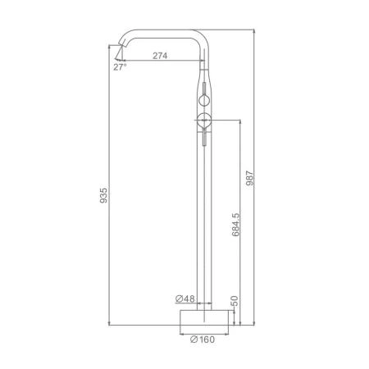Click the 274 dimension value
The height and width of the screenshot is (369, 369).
coord(160,56)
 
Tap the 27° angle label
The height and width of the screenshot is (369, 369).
coord(120,67)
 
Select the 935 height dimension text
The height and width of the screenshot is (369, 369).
coord(104,195)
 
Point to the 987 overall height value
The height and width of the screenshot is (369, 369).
coord(250,178)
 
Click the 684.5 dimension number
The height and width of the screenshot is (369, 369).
coord(235,225)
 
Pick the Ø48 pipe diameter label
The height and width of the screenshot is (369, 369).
coord(185,299)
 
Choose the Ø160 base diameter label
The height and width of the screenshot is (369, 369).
coord(203,339)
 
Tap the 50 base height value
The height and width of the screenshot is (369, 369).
coord(235,301)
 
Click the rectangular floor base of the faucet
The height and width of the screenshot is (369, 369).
coord(204,317)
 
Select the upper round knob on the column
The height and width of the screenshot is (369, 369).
coord(204,100)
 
